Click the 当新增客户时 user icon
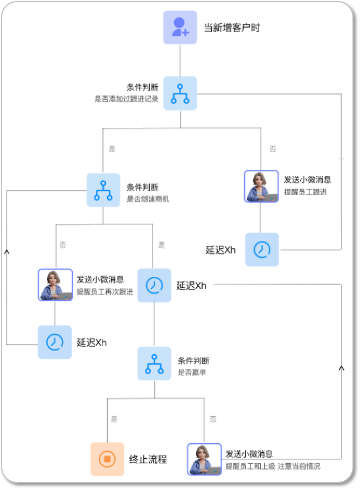click(180, 27)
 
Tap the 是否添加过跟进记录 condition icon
click(180, 93)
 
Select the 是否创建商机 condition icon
click(103, 190)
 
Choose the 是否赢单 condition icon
click(154, 363)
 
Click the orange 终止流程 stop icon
click(107, 459)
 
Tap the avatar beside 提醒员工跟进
click(261, 187)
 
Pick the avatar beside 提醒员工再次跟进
click(55, 285)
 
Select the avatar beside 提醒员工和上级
click(204, 459)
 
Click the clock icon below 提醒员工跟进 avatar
click(262, 250)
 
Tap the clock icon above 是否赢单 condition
click(154, 285)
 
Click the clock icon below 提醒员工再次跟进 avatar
click(54, 342)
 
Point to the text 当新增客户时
click(232, 27)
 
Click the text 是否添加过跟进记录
click(126, 99)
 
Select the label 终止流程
click(148, 459)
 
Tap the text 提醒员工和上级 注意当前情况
click(272, 466)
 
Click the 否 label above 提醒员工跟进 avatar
click(273, 149)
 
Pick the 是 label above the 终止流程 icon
click(114, 419)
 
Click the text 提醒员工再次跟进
click(105, 292)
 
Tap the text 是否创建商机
click(148, 199)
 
